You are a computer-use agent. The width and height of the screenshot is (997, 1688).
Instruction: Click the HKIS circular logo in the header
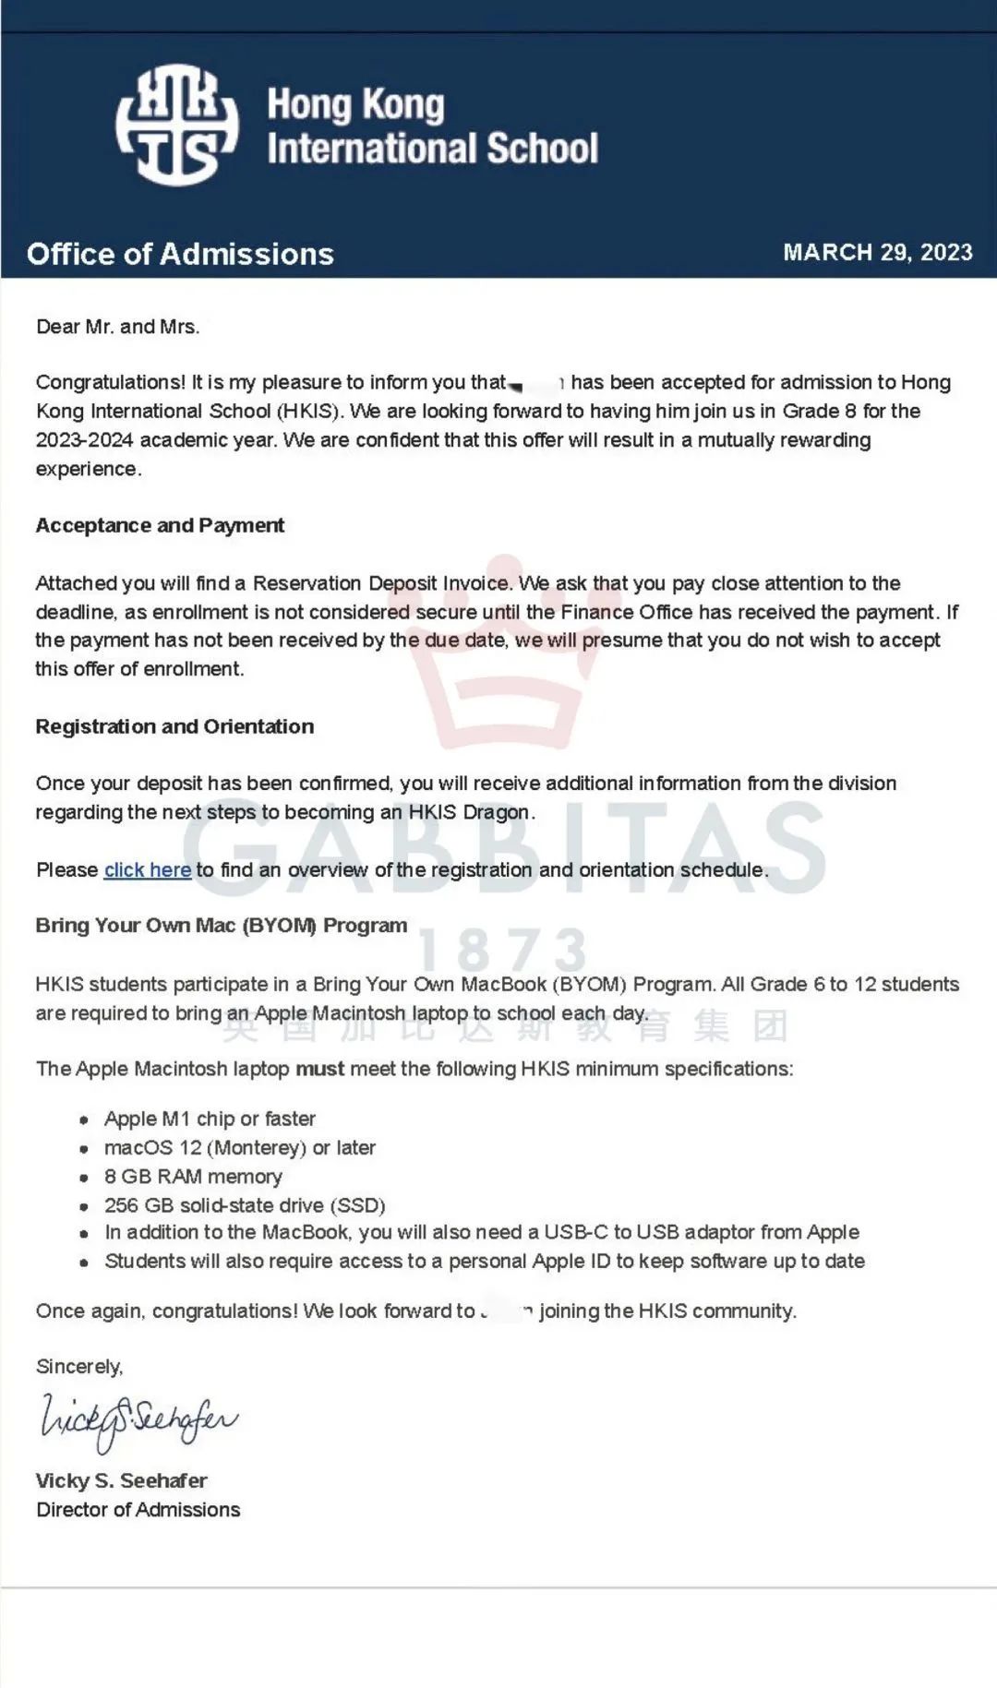176,125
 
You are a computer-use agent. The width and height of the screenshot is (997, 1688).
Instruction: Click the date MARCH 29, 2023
877,252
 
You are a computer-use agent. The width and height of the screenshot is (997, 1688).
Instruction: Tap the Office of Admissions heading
180,254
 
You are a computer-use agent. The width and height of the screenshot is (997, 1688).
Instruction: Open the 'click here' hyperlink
148,869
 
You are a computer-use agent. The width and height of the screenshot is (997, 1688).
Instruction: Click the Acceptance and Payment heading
160,525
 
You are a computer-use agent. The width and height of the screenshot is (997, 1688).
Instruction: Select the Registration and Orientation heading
174,726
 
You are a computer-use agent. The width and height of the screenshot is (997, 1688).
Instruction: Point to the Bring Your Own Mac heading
221,925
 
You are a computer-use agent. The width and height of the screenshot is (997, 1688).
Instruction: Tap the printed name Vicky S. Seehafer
121,1480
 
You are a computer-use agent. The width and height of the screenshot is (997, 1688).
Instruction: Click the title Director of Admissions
138,1509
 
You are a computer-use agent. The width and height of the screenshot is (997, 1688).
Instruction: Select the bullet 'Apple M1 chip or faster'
210,1119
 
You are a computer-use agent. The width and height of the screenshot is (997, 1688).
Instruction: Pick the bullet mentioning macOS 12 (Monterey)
239,1147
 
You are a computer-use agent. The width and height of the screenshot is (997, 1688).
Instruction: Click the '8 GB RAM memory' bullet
193,1176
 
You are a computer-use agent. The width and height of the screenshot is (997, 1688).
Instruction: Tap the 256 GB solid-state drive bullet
245,1204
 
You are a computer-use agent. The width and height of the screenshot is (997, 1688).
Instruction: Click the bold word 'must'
319,1069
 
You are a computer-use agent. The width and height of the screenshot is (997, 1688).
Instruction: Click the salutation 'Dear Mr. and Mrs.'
117,327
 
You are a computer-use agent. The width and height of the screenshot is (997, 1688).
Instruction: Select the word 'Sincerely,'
79,1366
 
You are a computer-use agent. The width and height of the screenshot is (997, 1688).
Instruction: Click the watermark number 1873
503,951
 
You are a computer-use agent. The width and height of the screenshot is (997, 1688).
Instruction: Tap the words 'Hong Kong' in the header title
355,105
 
